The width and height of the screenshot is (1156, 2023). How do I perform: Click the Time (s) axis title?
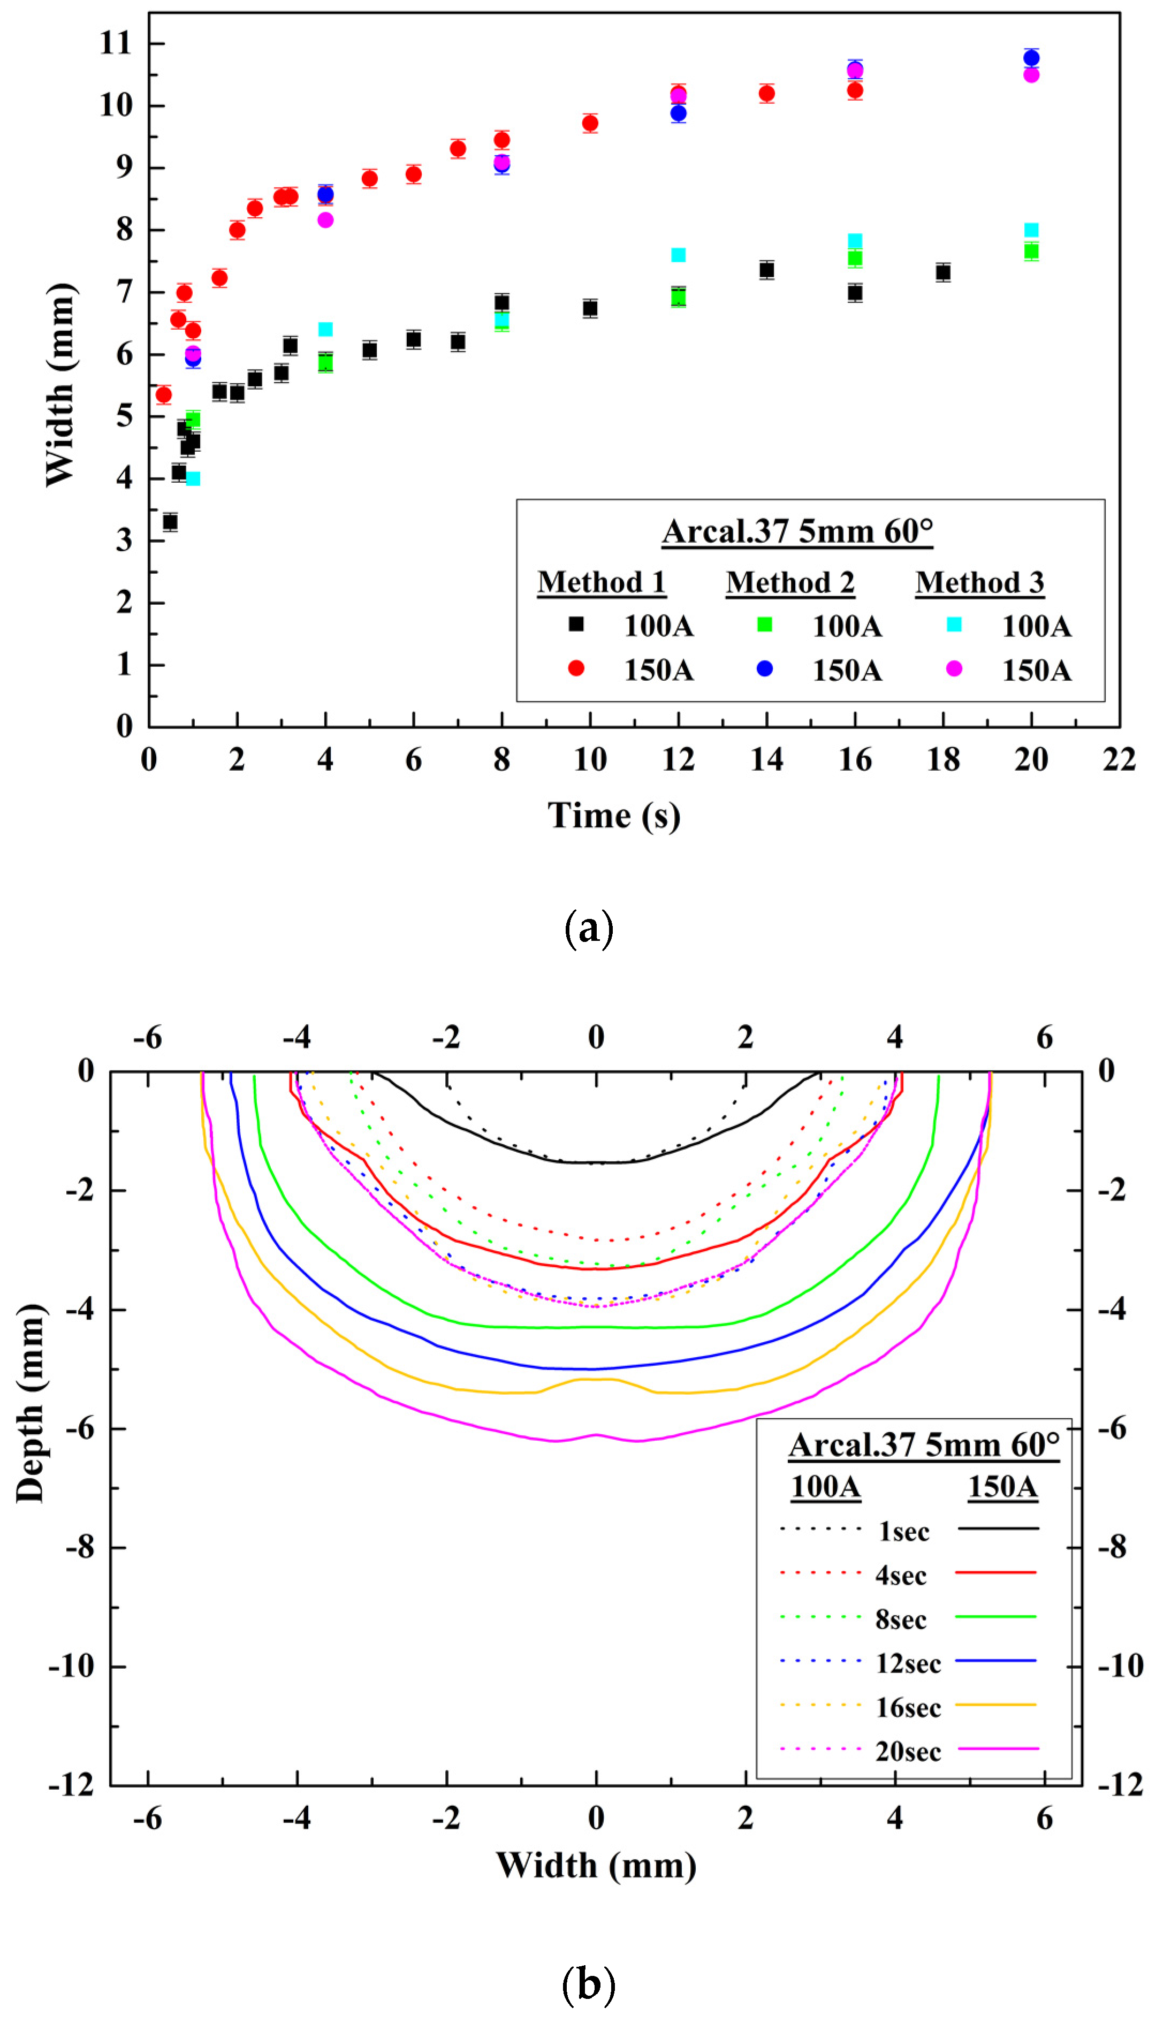614,816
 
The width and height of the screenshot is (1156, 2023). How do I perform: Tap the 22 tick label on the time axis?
1119,760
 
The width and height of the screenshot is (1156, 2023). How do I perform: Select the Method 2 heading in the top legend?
790,583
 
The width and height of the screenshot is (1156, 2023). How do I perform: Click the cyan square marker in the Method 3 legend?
954,625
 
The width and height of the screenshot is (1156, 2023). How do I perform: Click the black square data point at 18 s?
943,272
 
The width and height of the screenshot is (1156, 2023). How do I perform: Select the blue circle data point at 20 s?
1031,58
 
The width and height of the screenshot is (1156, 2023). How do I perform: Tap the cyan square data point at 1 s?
193,479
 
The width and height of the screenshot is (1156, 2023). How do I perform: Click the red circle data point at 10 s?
590,123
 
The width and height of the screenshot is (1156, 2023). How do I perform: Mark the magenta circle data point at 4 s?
325,220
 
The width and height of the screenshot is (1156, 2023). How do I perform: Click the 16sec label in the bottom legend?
908,1708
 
